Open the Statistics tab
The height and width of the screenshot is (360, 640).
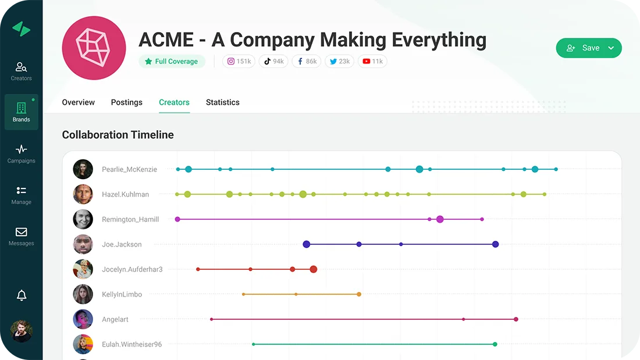[x=222, y=102]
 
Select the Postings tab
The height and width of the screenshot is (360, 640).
[x=126, y=102]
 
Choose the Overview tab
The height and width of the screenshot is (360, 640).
[x=78, y=102]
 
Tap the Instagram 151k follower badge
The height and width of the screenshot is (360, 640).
[x=239, y=61]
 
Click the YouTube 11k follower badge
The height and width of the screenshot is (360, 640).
[x=372, y=61]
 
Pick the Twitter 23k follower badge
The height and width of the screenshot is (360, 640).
[x=339, y=61]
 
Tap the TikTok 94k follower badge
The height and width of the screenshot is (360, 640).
[x=273, y=61]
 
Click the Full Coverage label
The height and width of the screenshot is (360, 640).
[x=172, y=61]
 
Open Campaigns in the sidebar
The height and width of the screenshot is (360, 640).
[x=21, y=154]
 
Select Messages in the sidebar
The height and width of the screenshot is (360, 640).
[x=21, y=236]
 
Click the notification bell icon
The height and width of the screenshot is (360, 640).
[x=22, y=295]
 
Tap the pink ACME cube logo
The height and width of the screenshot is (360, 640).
[x=94, y=48]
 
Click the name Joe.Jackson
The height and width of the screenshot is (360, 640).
[x=122, y=244]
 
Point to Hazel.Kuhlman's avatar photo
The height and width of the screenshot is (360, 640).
[x=83, y=194]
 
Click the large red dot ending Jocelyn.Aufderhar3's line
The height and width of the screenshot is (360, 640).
[x=314, y=269]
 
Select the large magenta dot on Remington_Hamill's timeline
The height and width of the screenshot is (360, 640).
[x=440, y=219]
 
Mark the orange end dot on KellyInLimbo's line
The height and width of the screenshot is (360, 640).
[x=359, y=294]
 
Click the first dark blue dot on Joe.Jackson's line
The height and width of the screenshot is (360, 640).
[x=307, y=244]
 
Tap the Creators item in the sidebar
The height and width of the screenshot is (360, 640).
[x=21, y=71]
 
